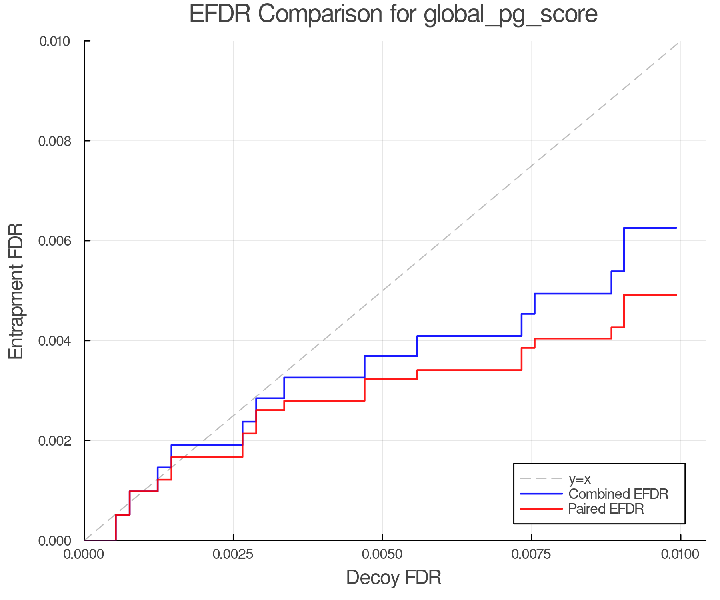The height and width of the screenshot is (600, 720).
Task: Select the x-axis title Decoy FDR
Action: click(394, 577)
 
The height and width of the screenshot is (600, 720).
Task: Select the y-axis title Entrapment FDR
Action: click(16, 291)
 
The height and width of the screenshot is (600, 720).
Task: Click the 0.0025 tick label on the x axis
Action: click(233, 554)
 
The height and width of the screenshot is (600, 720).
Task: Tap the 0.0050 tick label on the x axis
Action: click(382, 554)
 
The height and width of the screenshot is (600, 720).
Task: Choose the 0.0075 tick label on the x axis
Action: click(531, 554)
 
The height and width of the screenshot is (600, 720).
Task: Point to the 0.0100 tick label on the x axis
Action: click(680, 554)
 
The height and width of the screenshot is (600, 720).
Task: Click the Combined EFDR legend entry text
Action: click(618, 494)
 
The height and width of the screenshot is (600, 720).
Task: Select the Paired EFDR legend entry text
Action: click(606, 509)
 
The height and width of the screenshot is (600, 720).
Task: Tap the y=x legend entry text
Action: click(580, 479)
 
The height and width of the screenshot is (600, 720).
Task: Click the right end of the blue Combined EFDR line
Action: click(676, 228)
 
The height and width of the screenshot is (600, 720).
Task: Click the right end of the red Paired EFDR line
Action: click(676, 295)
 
